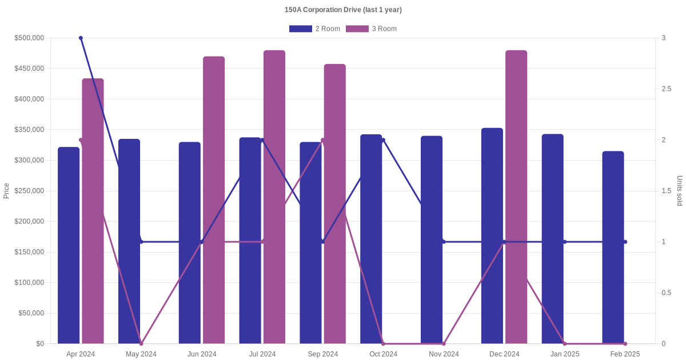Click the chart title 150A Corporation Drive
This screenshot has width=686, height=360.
click(x=343, y=10)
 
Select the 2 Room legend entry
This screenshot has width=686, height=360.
click(x=314, y=29)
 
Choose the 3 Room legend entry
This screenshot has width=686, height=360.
click(x=371, y=29)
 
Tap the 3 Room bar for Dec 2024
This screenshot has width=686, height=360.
click(x=516, y=197)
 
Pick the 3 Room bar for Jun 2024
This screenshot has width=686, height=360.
click(x=214, y=200)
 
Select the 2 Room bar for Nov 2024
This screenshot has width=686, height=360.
click(x=432, y=240)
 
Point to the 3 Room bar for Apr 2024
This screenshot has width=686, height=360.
click(x=93, y=211)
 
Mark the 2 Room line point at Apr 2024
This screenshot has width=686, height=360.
click(x=81, y=38)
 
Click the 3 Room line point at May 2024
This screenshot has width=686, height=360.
click(x=141, y=343)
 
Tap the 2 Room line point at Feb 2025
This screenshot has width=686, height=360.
click(x=625, y=242)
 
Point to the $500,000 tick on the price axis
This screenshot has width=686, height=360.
click(x=29, y=38)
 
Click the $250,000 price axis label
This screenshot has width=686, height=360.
click(x=29, y=191)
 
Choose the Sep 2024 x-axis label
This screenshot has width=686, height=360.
click(x=322, y=354)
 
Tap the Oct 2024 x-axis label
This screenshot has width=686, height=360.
click(x=383, y=354)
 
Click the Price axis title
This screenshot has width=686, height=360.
click(x=6, y=191)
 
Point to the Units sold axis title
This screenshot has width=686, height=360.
click(x=680, y=191)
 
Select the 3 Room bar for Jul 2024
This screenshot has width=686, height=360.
click(x=274, y=197)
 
